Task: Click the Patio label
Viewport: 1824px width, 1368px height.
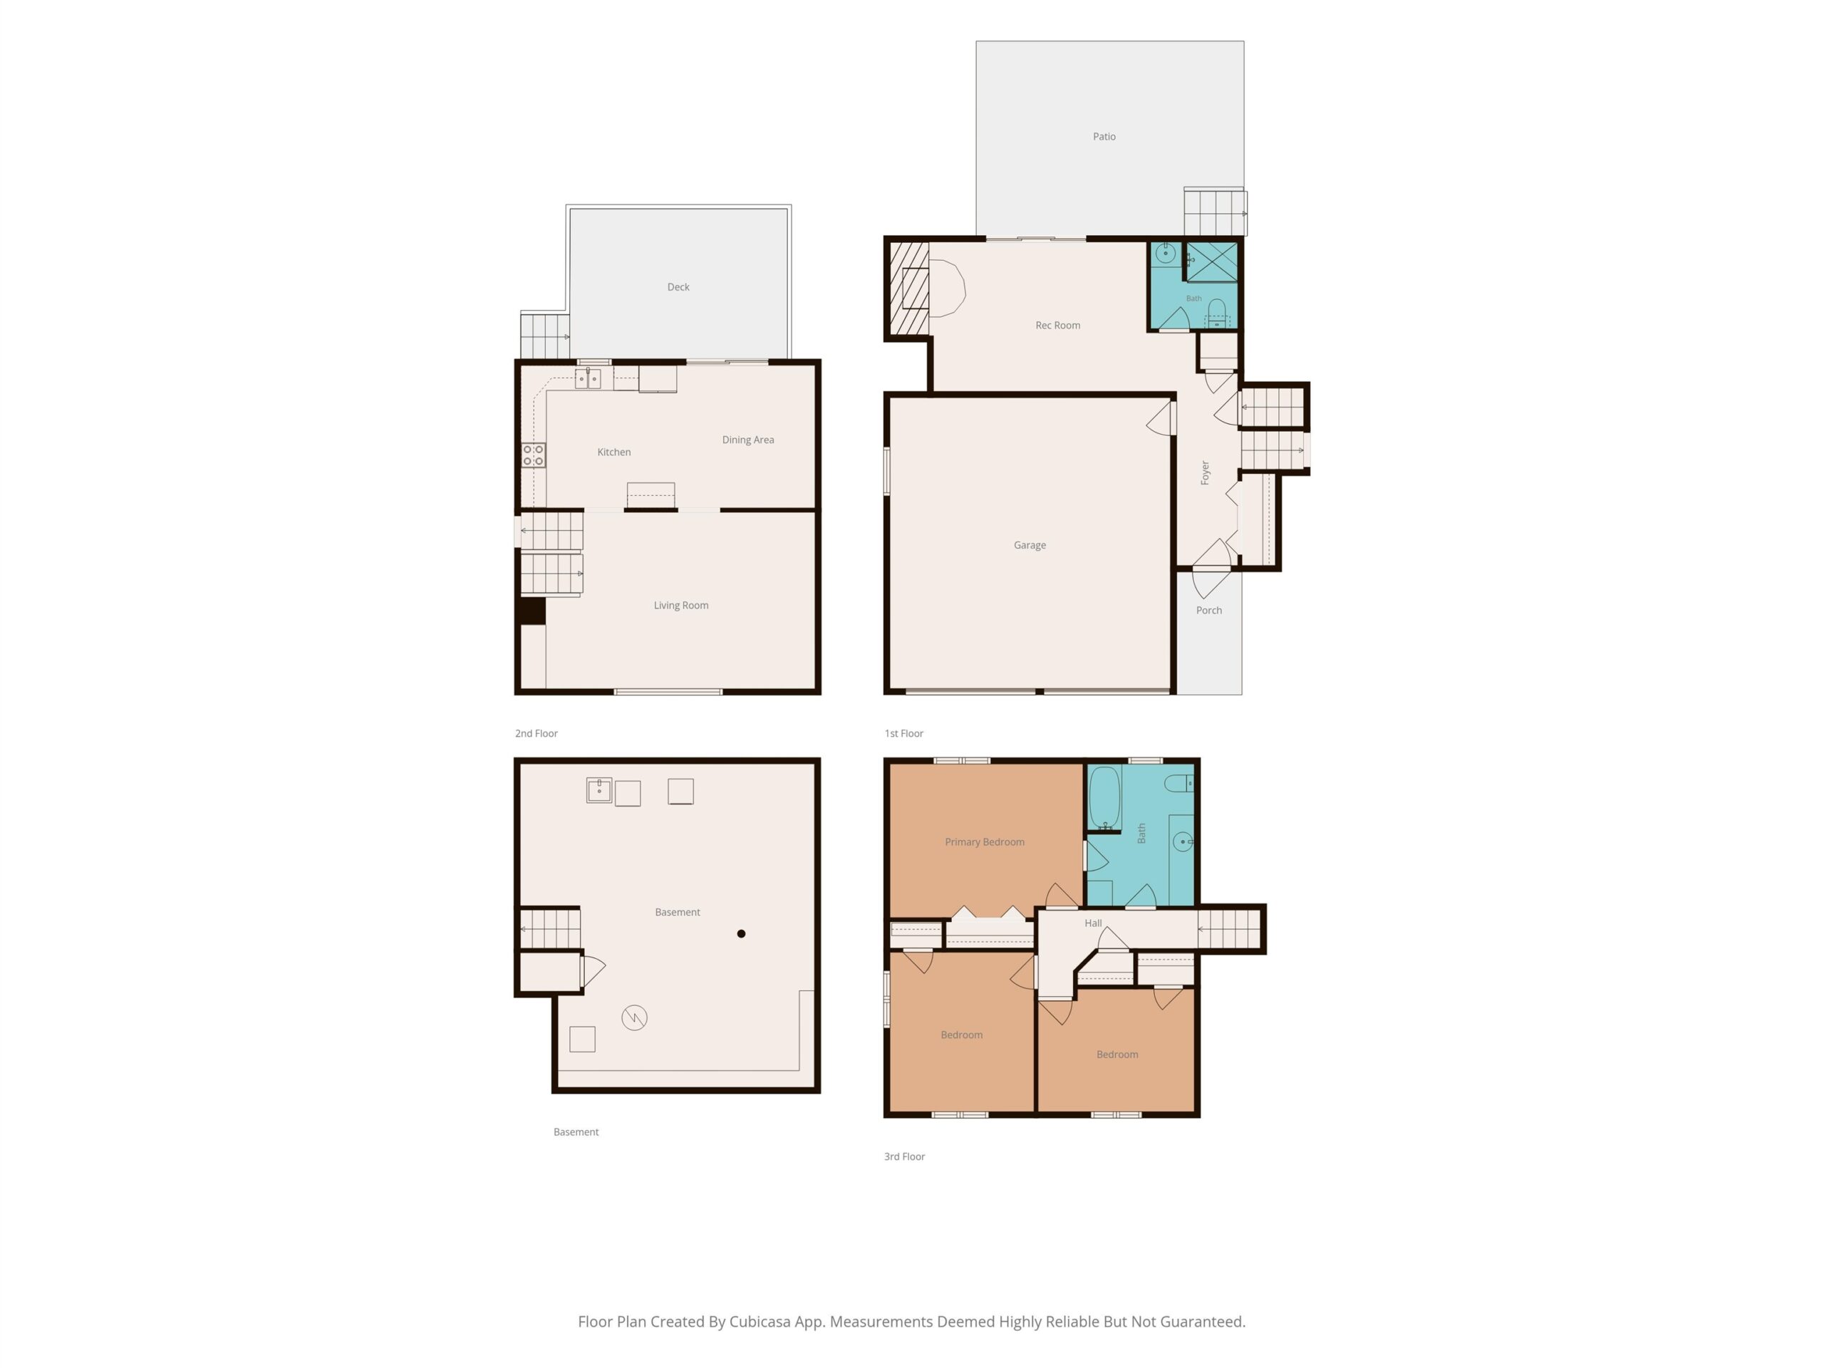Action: point(1104,137)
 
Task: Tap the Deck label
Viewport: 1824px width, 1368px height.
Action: point(678,287)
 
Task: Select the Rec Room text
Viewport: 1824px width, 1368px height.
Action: point(1057,325)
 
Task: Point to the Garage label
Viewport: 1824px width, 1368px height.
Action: point(1029,545)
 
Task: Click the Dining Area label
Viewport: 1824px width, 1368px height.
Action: point(748,440)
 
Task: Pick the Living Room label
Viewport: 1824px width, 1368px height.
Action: point(680,605)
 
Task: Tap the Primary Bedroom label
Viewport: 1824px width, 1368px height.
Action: point(985,842)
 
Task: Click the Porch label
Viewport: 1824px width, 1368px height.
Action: point(1209,610)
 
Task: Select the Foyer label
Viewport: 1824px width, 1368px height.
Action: point(1205,472)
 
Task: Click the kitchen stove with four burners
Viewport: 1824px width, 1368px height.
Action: point(533,455)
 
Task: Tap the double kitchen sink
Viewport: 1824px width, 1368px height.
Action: point(587,378)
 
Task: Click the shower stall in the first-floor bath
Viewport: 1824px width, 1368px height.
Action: point(1211,261)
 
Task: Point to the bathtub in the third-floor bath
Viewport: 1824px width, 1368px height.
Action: point(1104,798)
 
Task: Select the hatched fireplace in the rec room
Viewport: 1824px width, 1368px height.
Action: point(908,288)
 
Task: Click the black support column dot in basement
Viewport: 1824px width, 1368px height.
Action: point(741,933)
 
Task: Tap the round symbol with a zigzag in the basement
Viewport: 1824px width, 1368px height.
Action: point(634,1017)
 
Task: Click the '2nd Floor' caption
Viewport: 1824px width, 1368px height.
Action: point(536,733)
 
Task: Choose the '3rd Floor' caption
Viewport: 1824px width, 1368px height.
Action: point(905,1156)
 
